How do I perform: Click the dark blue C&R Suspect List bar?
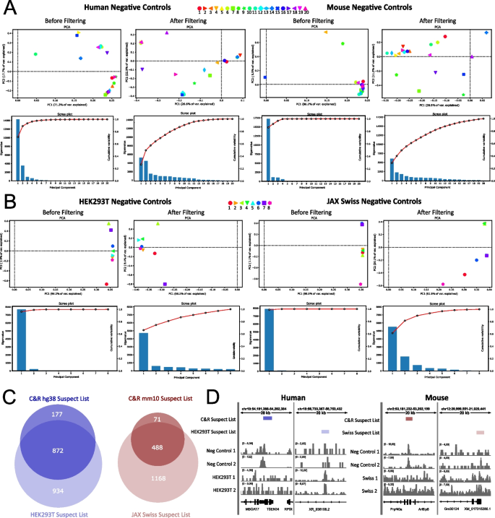[267, 418]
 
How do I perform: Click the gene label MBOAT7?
[254, 509]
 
